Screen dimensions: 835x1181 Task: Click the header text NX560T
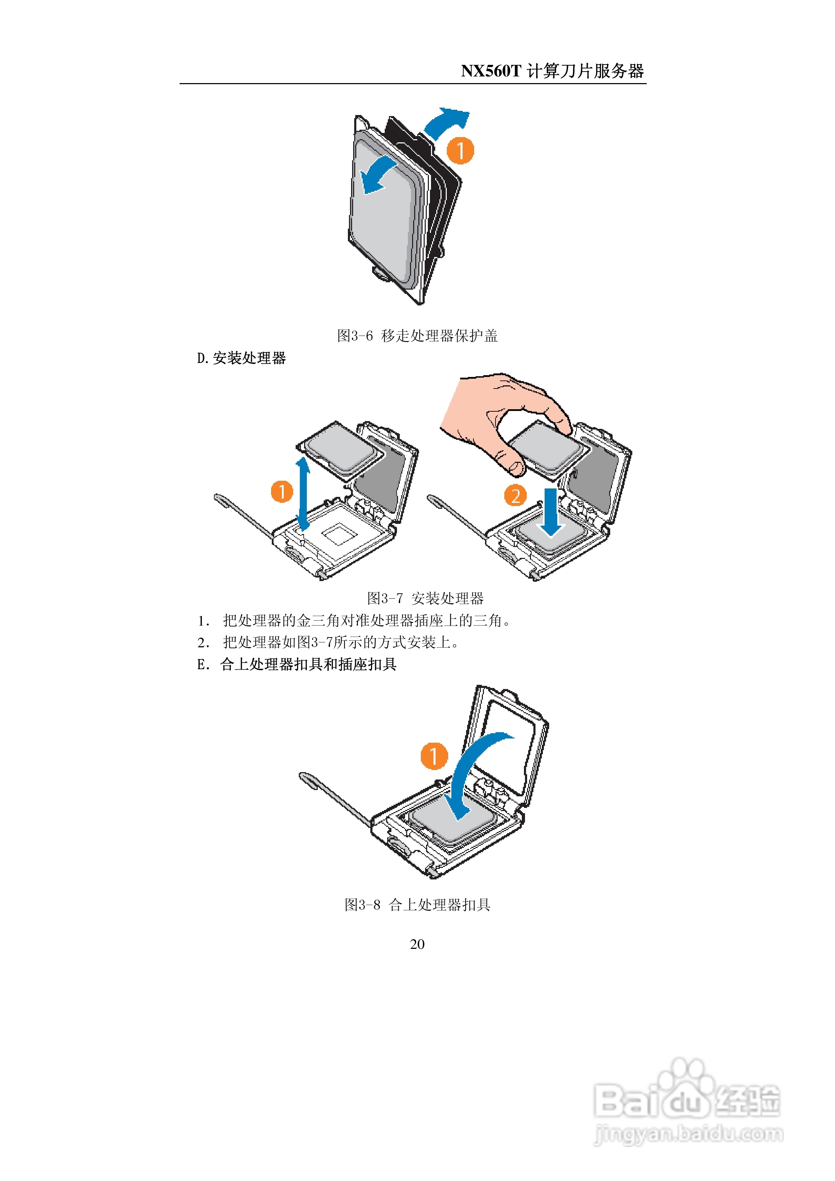coord(491,71)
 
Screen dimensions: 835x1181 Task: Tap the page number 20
coord(417,944)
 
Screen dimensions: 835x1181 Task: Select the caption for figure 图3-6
coord(417,336)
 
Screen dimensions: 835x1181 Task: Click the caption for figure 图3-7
coord(425,598)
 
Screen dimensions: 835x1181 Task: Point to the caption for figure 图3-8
coord(417,905)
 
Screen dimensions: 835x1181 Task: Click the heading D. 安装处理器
coord(241,358)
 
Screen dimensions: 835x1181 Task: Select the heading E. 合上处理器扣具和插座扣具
coord(297,664)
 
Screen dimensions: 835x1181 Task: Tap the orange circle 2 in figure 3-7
coord(515,495)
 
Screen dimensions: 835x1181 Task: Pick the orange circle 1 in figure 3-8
coord(434,756)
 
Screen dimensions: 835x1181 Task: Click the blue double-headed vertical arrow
coord(303,494)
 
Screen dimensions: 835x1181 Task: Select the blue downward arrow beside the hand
coord(551,512)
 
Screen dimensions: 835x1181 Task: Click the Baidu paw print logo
coord(684,1085)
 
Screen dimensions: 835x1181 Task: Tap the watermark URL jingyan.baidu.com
coord(688,1134)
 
